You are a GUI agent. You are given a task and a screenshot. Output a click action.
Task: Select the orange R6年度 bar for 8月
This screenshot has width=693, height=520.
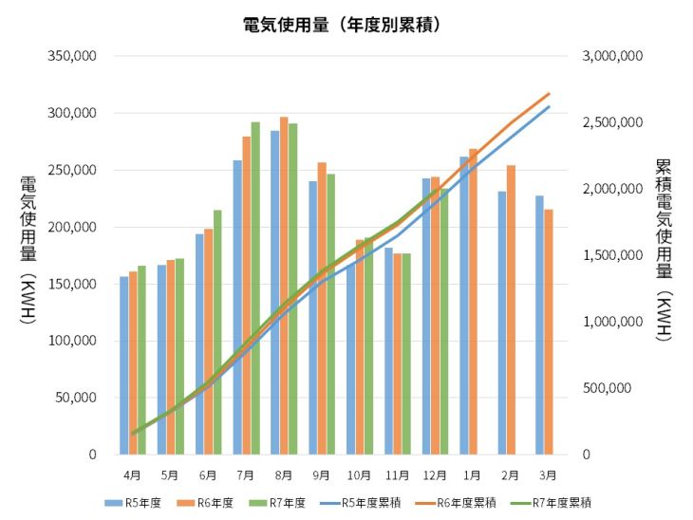pyautogui.click(x=284, y=285)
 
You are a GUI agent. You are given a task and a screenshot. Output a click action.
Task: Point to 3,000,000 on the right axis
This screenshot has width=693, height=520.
pyautogui.click(x=612, y=56)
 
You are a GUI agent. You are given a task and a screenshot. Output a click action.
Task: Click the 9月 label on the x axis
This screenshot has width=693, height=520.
pyautogui.click(x=322, y=474)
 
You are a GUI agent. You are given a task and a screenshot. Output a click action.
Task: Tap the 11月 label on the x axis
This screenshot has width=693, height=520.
pyautogui.click(x=398, y=474)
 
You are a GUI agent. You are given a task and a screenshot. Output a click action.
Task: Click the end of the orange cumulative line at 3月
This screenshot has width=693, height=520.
pyautogui.click(x=550, y=93)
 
